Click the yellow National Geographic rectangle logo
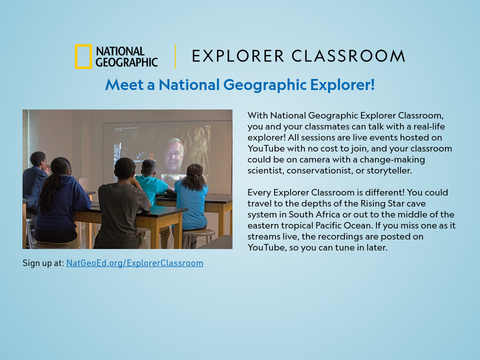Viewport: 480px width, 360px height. tap(83, 56)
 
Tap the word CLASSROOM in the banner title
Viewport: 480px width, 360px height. tap(348, 56)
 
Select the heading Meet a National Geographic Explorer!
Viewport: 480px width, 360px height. tap(239, 84)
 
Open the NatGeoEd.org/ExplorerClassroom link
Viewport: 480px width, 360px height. tap(134, 263)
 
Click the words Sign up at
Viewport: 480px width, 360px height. tap(43, 263)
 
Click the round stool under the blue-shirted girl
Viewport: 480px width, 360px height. tap(198, 234)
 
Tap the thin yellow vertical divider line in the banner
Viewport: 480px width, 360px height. tap(175, 56)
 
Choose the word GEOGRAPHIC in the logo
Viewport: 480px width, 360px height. tap(126, 62)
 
